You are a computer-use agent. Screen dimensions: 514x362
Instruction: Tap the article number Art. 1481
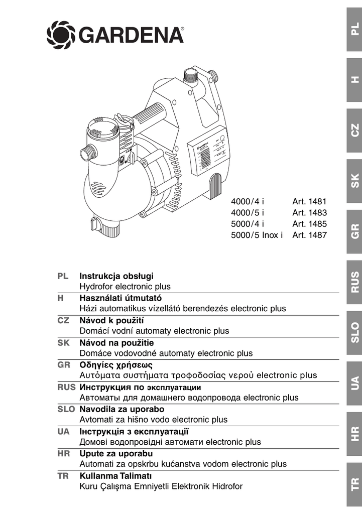click(309, 202)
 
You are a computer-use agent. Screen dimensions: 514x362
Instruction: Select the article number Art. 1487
click(309, 235)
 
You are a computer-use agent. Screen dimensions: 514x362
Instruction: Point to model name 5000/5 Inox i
click(257, 235)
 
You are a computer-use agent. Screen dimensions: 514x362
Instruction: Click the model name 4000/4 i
click(248, 202)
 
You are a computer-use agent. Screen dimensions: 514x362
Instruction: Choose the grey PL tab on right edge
click(354, 31)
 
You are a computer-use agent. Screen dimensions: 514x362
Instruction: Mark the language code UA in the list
click(63, 431)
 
